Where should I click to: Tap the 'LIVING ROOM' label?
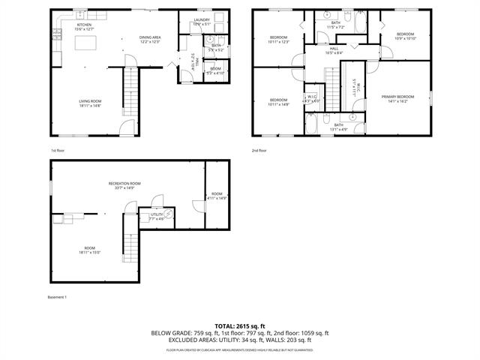pyautogui.click(x=90, y=103)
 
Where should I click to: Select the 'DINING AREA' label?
pyautogui.click(x=150, y=39)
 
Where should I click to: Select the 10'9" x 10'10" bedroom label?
pyautogui.click(x=405, y=36)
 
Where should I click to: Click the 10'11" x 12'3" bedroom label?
pyautogui.click(x=278, y=39)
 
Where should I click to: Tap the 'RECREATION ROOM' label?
pyautogui.click(x=124, y=185)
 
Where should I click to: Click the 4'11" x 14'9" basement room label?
pyautogui.click(x=217, y=196)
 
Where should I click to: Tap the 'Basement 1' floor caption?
pyautogui.click(x=58, y=297)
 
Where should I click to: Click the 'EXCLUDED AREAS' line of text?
pyautogui.click(x=240, y=340)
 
